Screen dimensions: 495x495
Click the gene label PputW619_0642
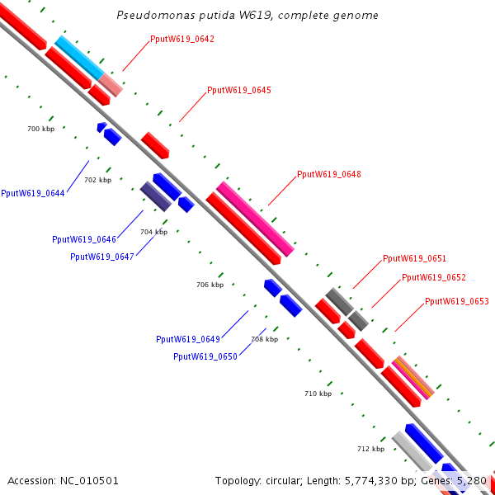point(182,39)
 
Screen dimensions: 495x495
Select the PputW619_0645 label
point(239,90)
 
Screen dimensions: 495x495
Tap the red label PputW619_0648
point(329,174)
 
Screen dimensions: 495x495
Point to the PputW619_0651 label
point(414,258)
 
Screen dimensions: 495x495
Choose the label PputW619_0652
point(434,277)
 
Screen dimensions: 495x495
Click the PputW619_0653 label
point(457,301)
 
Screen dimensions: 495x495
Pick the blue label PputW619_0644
point(33,193)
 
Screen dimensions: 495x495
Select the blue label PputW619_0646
point(84,239)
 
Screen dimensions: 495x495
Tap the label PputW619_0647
point(102,257)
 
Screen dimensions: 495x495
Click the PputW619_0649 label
point(188,339)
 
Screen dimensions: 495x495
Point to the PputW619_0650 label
point(205,356)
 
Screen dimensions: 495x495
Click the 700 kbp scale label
point(40,129)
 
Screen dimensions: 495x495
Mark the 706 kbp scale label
point(210,285)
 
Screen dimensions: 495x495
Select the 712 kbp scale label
point(371,449)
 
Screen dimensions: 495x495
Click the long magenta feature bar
point(255,219)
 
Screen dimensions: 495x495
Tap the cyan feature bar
point(79,58)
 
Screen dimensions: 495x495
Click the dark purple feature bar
point(156,196)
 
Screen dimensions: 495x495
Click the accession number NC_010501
point(89,481)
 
